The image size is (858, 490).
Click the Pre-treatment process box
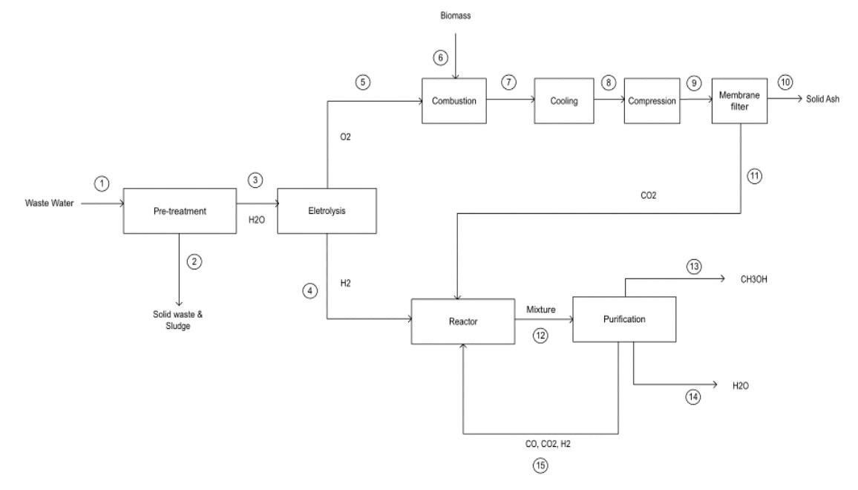178,211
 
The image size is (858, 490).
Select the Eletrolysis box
327,211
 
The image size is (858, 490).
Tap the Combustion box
454,99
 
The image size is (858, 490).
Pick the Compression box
652,100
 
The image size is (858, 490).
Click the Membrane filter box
740,100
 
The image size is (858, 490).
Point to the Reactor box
462,322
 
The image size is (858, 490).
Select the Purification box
624,319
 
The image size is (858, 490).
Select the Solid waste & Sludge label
178,320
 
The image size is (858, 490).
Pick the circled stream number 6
439,56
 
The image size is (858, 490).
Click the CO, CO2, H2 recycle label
546,443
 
